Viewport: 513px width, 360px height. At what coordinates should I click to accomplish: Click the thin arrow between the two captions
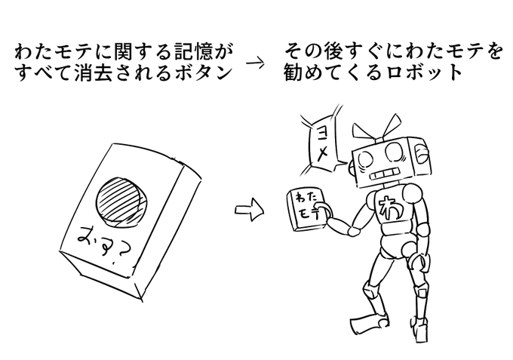coord(257,63)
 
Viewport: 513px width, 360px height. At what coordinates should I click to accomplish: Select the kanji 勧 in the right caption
coord(294,74)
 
